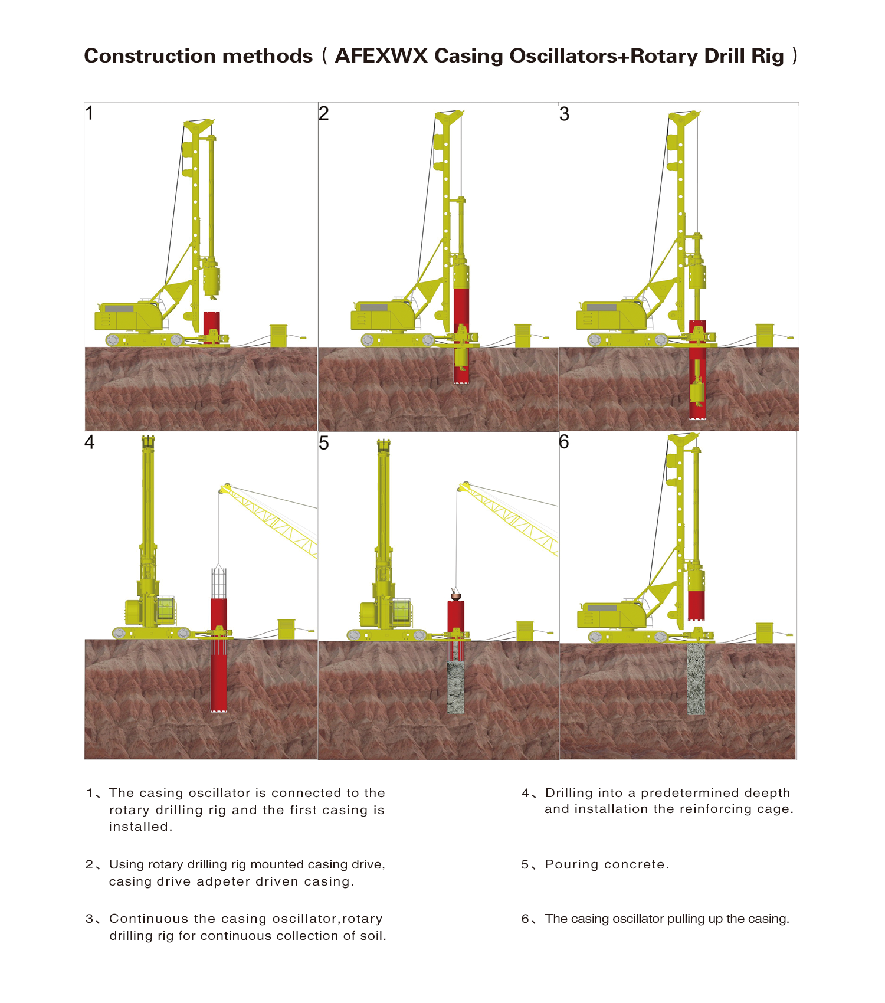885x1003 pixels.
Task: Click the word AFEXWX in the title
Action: coord(381,56)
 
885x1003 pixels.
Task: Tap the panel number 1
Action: coord(90,113)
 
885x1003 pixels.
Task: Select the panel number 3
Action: coord(564,114)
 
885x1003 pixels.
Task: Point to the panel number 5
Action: coord(324,443)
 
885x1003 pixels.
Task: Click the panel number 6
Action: coord(564,442)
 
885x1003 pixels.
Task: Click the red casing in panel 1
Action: coord(211,326)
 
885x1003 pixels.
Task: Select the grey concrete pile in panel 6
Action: coord(696,678)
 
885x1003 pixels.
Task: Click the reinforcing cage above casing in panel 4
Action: coord(219,583)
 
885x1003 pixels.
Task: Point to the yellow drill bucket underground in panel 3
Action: coord(697,392)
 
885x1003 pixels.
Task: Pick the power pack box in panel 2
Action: coord(523,335)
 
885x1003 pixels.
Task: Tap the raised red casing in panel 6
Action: coord(696,605)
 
